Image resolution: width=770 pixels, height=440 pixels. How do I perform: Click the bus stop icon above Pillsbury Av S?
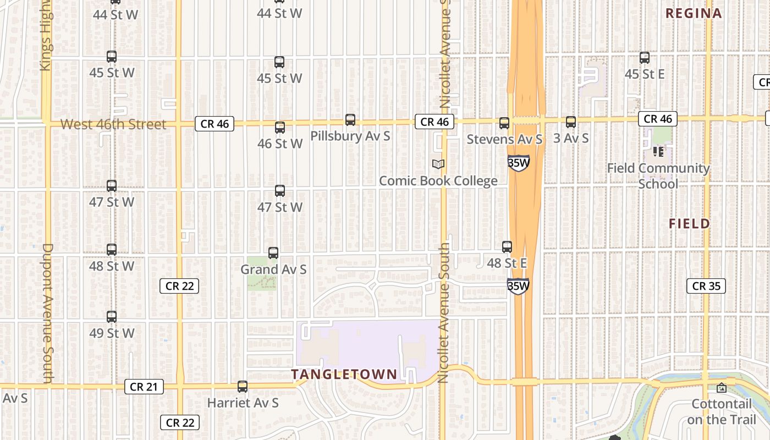click(x=350, y=120)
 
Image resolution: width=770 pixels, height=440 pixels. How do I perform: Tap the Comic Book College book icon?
click(x=438, y=164)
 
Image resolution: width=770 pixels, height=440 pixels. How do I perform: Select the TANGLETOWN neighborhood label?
click(x=344, y=375)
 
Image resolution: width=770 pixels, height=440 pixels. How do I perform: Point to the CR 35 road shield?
click(x=706, y=286)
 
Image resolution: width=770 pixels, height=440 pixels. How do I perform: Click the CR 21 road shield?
click(x=144, y=387)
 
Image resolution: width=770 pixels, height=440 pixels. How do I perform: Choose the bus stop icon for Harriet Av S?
click(x=242, y=387)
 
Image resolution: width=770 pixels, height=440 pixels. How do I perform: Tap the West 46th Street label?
click(x=113, y=124)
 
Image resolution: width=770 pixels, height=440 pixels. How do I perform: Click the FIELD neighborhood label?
click(x=690, y=223)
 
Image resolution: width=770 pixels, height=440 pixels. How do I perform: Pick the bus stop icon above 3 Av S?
click(x=571, y=122)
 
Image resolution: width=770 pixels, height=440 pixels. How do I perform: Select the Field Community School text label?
click(x=658, y=176)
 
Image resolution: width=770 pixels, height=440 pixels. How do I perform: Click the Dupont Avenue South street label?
click(x=47, y=313)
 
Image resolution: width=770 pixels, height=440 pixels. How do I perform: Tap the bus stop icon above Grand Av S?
click(x=273, y=253)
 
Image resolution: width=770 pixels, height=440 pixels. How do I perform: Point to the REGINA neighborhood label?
click(x=693, y=13)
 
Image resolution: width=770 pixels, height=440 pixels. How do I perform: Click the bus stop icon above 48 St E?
click(x=507, y=247)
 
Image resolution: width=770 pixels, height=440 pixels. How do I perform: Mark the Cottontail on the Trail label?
click(x=722, y=411)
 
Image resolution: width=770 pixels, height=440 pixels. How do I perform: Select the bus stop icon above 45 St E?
click(x=645, y=57)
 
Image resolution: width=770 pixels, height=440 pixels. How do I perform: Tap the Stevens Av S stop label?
click(x=504, y=140)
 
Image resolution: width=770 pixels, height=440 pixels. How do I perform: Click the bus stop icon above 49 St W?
click(x=112, y=317)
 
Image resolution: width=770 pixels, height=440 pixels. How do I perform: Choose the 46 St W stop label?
click(x=280, y=144)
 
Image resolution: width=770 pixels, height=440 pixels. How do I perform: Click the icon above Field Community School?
click(x=658, y=151)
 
